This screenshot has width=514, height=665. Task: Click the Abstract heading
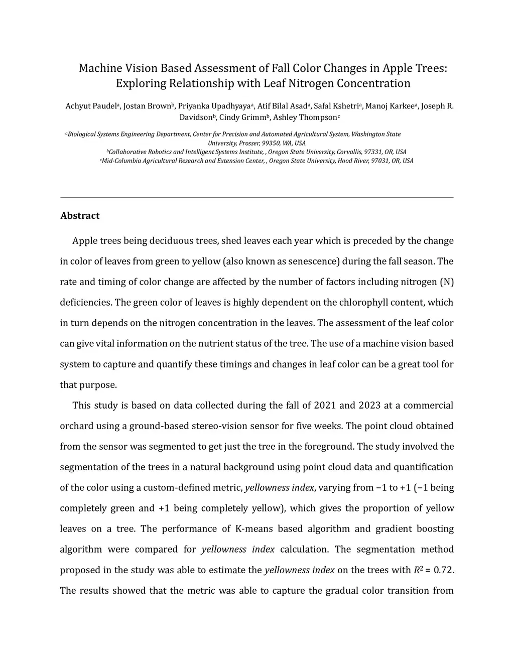[80, 216]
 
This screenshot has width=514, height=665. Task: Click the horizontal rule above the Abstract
[257, 198]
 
